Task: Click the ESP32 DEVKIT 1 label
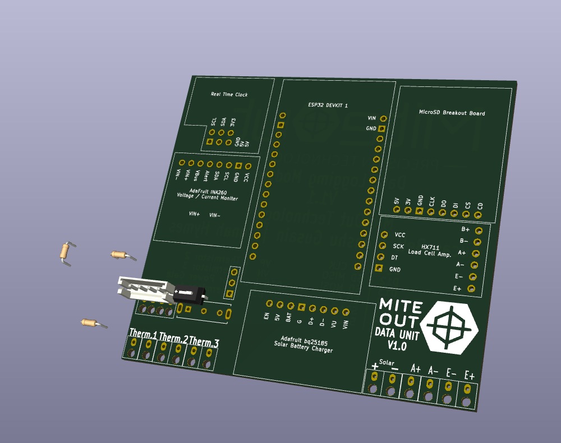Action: coord(328,105)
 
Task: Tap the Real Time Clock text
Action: coord(229,94)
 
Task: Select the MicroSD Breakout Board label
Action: coord(452,113)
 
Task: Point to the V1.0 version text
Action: coord(397,344)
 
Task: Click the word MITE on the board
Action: coord(401,305)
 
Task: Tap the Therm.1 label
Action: coord(142,334)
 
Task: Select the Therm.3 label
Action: coord(204,342)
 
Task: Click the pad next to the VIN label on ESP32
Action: coord(383,118)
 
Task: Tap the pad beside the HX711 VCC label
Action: coord(384,234)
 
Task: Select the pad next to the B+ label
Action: coord(479,230)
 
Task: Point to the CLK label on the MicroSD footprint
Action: coord(431,201)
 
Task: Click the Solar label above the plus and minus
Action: coord(387,362)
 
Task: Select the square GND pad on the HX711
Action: coord(379,269)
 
